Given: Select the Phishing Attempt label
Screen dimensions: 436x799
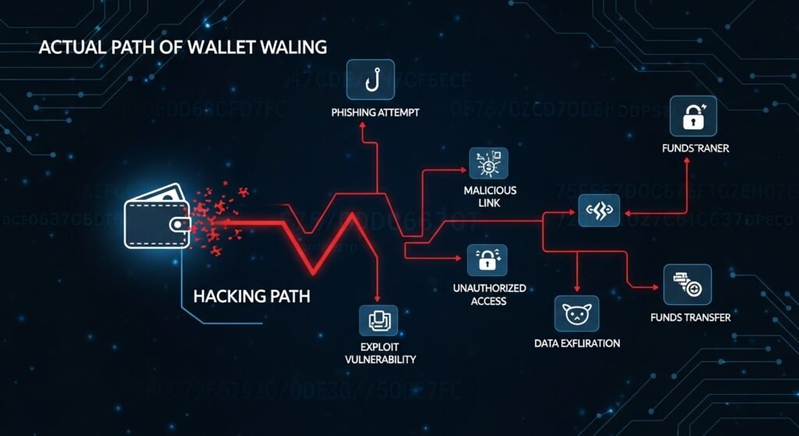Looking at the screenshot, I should pyautogui.click(x=375, y=113).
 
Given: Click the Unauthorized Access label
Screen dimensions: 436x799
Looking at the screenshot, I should pyautogui.click(x=489, y=295).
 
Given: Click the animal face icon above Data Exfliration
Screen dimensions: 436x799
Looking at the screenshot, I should pyautogui.click(x=577, y=314).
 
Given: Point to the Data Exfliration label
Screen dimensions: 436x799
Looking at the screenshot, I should pyautogui.click(x=577, y=343).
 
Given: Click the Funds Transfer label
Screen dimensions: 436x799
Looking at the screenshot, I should pyautogui.click(x=690, y=318).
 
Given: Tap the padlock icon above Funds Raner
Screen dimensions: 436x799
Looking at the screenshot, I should pyautogui.click(x=693, y=116).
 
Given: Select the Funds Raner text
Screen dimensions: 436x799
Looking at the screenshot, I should pyautogui.click(x=694, y=148).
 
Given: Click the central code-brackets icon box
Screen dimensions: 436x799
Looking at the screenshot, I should pyautogui.click(x=599, y=210).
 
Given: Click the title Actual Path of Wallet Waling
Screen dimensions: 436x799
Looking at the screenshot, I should pyautogui.click(x=182, y=48).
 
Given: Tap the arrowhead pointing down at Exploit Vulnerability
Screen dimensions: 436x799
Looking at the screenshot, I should pyautogui.click(x=378, y=298).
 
